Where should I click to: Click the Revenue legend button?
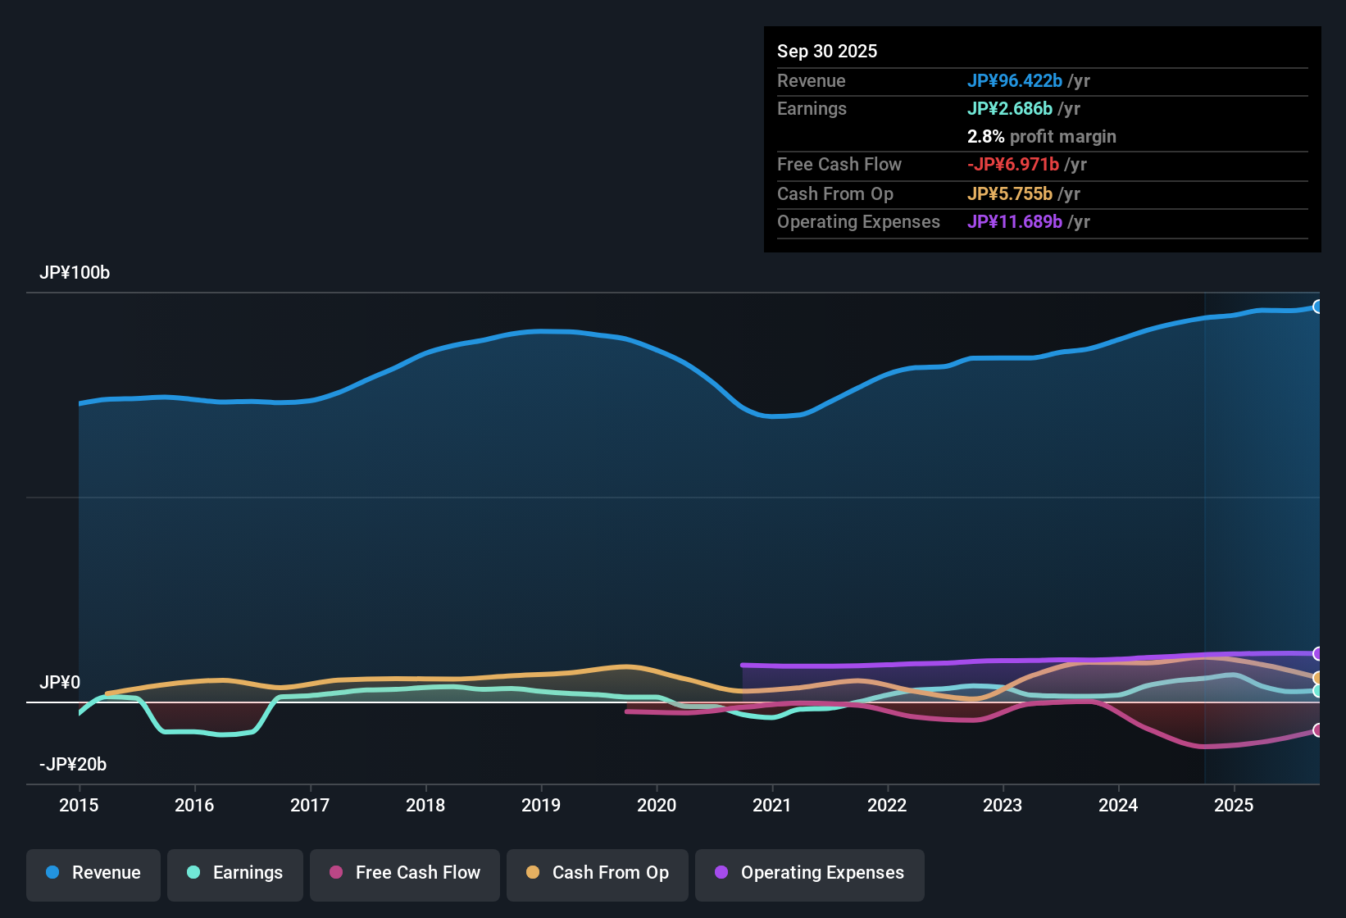pyautogui.click(x=93, y=873)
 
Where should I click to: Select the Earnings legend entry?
pyautogui.click(x=234, y=873)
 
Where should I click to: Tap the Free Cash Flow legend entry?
pyautogui.click(x=404, y=873)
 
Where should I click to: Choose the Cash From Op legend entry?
pyautogui.click(x=597, y=873)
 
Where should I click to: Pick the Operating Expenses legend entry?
pyautogui.click(x=809, y=873)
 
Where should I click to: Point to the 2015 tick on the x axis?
pyautogui.click(x=79, y=805)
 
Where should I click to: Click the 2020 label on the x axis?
pyautogui.click(x=657, y=805)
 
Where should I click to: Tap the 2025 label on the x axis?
pyautogui.click(x=1234, y=805)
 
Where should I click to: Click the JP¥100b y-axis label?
pyautogui.click(x=75, y=273)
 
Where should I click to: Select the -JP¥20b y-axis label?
pyautogui.click(x=73, y=765)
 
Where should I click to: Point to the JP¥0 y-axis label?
pyautogui.click(x=60, y=683)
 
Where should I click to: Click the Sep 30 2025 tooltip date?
pyautogui.click(x=827, y=51)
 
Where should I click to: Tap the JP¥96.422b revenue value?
pyautogui.click(x=1015, y=80)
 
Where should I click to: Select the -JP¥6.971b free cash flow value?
pyautogui.click(x=1013, y=164)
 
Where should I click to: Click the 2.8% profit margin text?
pyautogui.click(x=1041, y=137)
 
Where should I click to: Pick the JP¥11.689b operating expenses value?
pyautogui.click(x=1015, y=222)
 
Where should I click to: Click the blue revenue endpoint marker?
pyautogui.click(x=1317, y=307)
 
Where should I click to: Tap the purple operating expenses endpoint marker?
pyautogui.click(x=1317, y=653)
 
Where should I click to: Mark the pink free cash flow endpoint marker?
pyautogui.click(x=1317, y=729)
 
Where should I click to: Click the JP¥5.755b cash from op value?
pyautogui.click(x=1010, y=193)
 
